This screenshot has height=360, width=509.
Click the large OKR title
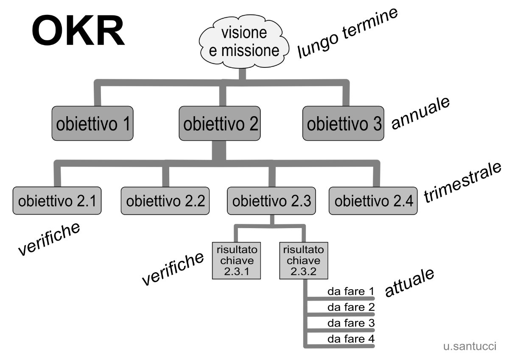pos(78,33)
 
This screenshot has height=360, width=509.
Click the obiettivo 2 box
pos(220,124)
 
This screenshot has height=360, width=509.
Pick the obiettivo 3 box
pos(343,124)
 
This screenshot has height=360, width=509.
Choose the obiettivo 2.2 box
pos(165,200)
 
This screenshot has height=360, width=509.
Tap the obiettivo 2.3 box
pos(272,200)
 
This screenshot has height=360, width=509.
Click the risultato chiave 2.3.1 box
pos(236,260)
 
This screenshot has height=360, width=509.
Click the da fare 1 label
pos(351,292)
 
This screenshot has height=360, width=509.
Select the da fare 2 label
pos(351,307)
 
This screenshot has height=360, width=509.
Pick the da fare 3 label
pos(351,323)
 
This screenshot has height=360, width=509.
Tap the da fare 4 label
pos(351,339)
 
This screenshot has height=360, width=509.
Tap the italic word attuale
pos(409,282)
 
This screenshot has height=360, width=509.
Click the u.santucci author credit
pos(470,346)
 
